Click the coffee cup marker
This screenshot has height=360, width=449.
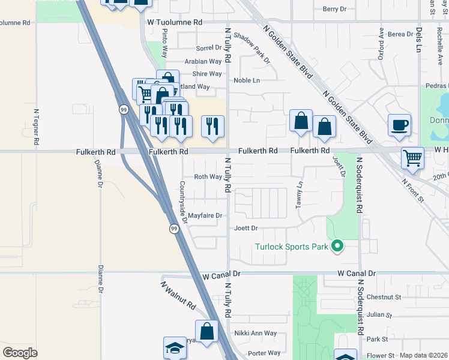(399, 125)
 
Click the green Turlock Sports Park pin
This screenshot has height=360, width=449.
(337, 245)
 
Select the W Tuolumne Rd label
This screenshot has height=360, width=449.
(175, 22)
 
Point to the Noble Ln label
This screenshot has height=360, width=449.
(247, 80)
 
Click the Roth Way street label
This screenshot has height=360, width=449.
(208, 177)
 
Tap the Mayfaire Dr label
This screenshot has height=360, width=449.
(205, 215)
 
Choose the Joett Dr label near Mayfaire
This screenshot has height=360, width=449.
(246, 228)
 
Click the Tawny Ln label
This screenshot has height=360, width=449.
(298, 195)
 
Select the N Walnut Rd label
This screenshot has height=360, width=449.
(178, 296)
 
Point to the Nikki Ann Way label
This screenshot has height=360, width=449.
(255, 333)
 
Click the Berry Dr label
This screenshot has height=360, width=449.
(335, 9)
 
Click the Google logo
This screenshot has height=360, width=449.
(20, 353)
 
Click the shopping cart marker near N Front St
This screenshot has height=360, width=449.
(412, 158)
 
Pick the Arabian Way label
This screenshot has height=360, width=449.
(203, 61)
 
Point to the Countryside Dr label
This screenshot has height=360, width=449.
(184, 202)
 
